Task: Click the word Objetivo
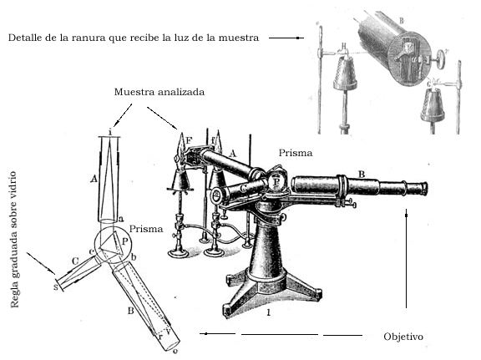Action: (403, 337)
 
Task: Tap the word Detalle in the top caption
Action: (24, 38)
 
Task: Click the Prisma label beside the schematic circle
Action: (146, 229)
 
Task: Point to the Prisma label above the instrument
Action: (296, 153)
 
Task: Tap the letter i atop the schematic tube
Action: (110, 132)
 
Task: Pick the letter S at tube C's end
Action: (55, 287)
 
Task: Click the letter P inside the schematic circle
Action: (124, 241)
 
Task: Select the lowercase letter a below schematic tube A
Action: (121, 219)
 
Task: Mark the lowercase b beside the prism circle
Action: (134, 257)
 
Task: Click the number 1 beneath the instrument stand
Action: (269, 312)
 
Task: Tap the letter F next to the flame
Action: (189, 141)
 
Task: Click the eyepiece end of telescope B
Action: (424, 188)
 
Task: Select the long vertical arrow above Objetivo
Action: (407, 258)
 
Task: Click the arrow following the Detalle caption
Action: (286, 38)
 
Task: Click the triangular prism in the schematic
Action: (109, 243)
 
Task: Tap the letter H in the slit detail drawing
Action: (345, 46)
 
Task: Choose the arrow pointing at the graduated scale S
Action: (41, 264)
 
